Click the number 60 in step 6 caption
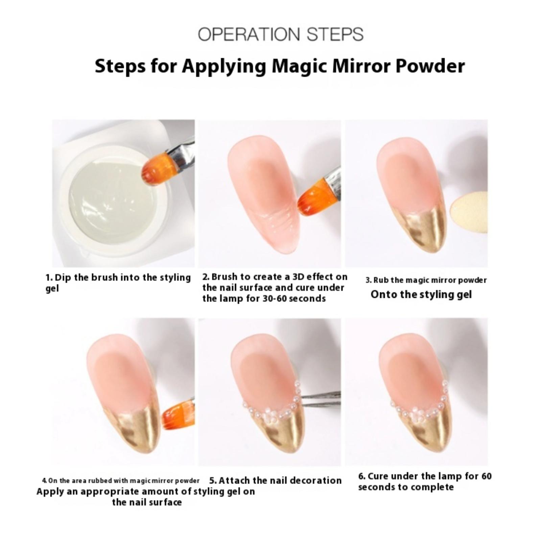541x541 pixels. (x=486, y=476)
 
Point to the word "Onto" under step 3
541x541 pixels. (x=383, y=294)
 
